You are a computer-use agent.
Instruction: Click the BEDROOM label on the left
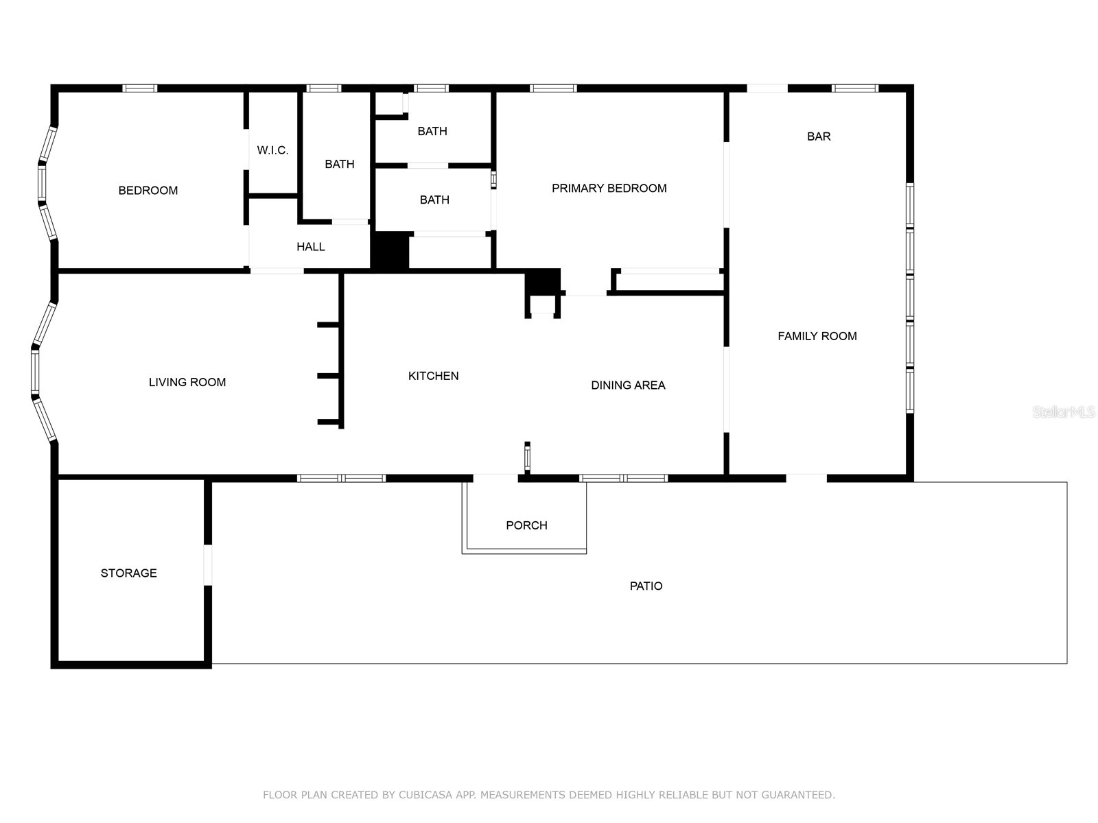pyautogui.click(x=148, y=191)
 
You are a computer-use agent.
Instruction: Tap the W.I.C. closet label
pyautogui.click(x=272, y=150)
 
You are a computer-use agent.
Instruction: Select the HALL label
pyautogui.click(x=310, y=247)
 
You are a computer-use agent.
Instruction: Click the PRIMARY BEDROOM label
pyautogui.click(x=609, y=189)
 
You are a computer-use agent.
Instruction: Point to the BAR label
pyautogui.click(x=819, y=136)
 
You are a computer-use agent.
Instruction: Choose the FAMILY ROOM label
pyautogui.click(x=817, y=336)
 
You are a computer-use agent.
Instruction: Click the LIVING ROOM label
pyautogui.click(x=187, y=383)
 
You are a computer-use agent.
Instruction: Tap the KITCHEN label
pyautogui.click(x=433, y=376)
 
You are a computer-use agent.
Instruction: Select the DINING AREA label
pyautogui.click(x=628, y=385)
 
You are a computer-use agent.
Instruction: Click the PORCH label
pyautogui.click(x=526, y=525)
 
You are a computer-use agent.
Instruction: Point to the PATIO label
pyautogui.click(x=646, y=586)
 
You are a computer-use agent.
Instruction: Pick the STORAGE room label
pyautogui.click(x=129, y=573)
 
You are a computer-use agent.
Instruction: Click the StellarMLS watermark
pyautogui.click(x=1063, y=412)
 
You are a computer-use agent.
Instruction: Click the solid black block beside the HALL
pyautogui.click(x=390, y=250)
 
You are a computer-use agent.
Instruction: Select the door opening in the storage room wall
pyautogui.click(x=208, y=565)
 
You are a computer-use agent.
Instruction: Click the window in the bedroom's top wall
pyautogui.click(x=140, y=88)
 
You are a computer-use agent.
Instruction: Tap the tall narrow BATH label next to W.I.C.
pyautogui.click(x=339, y=165)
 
